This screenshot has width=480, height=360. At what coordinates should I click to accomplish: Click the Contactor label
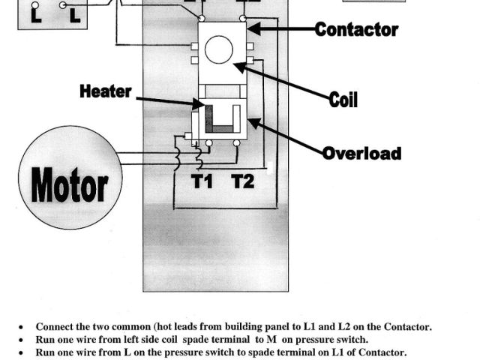(356, 30)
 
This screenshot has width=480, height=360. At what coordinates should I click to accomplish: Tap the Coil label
(343, 100)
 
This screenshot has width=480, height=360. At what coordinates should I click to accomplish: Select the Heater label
(105, 92)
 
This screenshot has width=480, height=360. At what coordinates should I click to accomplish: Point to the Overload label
(361, 154)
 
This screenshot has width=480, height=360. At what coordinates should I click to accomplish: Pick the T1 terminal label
(202, 181)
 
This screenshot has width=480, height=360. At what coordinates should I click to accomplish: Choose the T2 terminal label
(242, 181)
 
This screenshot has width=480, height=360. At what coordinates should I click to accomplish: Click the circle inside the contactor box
(219, 50)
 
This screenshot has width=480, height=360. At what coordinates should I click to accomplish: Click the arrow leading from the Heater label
(169, 100)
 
